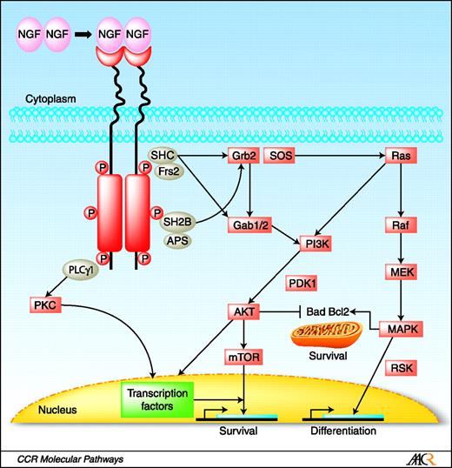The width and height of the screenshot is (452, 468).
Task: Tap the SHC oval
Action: [163, 154]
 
